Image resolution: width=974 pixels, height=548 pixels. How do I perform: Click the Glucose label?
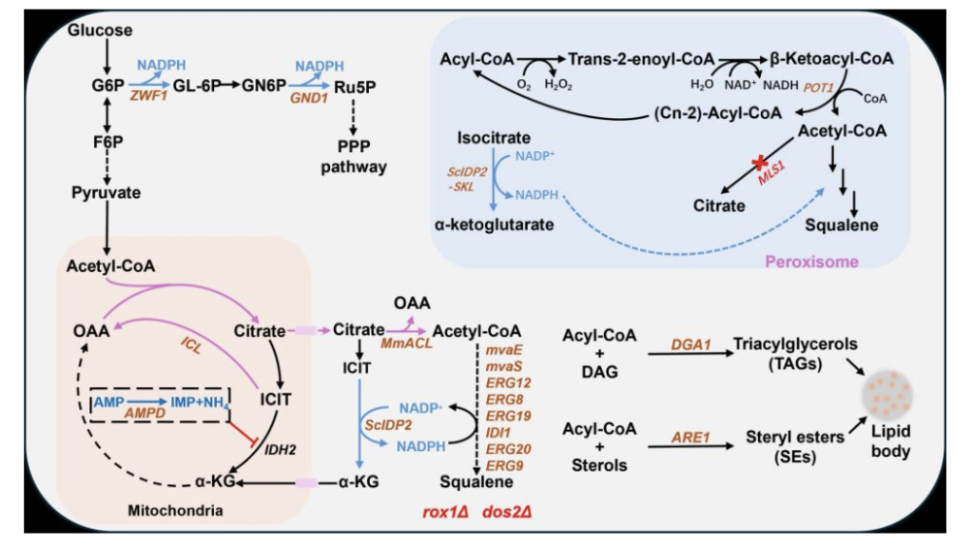click(100, 29)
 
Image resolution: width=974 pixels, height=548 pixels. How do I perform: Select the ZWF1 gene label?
click(148, 96)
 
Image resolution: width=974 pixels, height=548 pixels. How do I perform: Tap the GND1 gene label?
click(309, 98)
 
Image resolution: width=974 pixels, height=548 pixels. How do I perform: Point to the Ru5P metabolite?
click(355, 87)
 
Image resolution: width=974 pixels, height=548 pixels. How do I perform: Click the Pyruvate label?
click(107, 192)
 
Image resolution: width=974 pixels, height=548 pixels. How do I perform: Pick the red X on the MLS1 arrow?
click(760, 163)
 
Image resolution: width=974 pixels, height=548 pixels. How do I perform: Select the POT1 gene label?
click(818, 88)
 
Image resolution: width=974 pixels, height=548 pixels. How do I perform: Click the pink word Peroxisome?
click(811, 262)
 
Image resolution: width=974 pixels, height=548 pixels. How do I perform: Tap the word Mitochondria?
click(175, 511)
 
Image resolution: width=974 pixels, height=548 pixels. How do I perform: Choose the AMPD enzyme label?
click(145, 413)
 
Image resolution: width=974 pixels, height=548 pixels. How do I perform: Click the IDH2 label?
click(280, 449)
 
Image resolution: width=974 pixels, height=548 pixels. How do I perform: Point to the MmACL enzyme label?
click(406, 343)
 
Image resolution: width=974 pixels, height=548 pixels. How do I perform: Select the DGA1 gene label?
click(691, 344)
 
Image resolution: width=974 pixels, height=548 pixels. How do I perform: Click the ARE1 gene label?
click(691, 438)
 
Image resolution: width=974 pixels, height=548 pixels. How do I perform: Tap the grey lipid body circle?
click(887, 395)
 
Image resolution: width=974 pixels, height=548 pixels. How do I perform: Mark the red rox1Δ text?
click(445, 512)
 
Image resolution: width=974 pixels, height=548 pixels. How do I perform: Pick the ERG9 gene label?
click(504, 465)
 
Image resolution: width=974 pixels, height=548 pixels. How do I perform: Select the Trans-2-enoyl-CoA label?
click(641, 59)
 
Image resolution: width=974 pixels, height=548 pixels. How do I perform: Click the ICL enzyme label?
click(190, 345)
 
